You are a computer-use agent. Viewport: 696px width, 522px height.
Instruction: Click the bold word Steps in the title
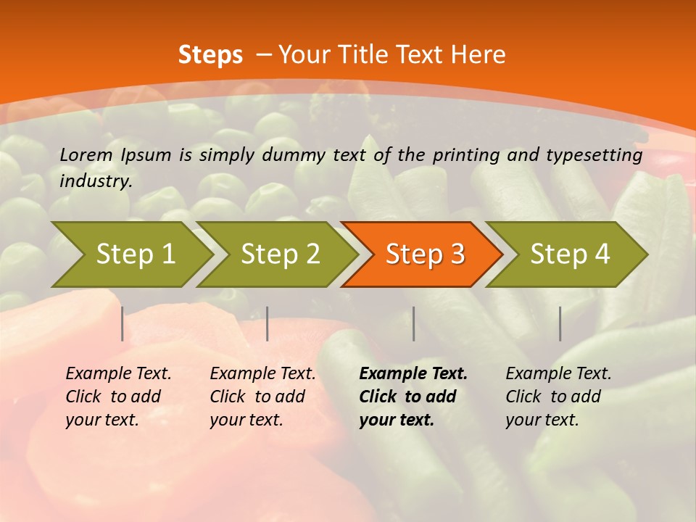pyautogui.click(x=210, y=55)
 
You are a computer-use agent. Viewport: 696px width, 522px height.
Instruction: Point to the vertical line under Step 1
pyautogui.click(x=123, y=323)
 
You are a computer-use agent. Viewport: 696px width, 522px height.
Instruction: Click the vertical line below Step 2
pyautogui.click(x=268, y=323)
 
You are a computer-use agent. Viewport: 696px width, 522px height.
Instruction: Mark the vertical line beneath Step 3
pyautogui.click(x=414, y=323)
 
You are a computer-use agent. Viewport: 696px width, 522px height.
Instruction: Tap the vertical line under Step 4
pyautogui.click(x=560, y=323)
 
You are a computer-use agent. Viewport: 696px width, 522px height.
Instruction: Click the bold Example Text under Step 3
pyautogui.click(x=413, y=374)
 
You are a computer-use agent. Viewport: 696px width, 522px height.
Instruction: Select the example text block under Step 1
pyautogui.click(x=118, y=397)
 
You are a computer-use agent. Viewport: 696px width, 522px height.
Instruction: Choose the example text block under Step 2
pyautogui.click(x=262, y=397)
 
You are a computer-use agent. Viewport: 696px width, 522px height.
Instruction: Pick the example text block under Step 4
pyautogui.click(x=558, y=397)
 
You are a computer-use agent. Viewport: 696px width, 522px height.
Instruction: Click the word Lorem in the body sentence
pyautogui.click(x=86, y=154)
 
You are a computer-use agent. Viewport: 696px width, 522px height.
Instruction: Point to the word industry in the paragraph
pyautogui.click(x=95, y=181)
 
